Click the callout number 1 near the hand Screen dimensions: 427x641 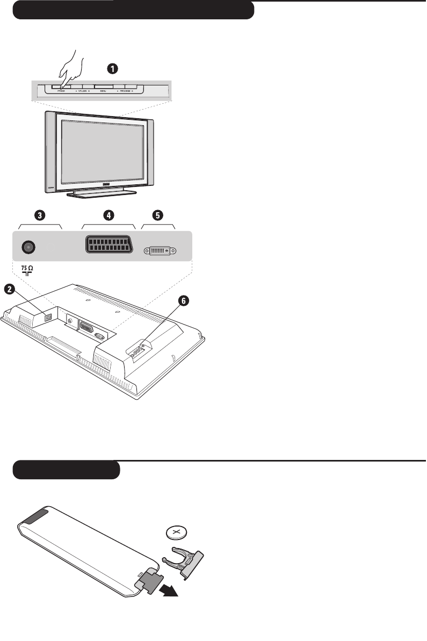point(112,68)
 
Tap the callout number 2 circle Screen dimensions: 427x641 point(9,290)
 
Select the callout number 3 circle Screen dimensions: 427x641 point(40,215)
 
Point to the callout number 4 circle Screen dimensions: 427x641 point(109,215)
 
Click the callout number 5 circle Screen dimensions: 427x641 point(157,215)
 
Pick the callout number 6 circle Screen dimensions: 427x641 point(184,301)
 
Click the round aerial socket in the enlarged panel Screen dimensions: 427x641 point(28,247)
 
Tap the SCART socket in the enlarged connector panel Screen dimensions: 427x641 point(109,246)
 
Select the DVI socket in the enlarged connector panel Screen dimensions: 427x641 point(160,251)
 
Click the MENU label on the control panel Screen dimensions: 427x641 point(103,92)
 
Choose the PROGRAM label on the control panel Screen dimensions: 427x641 point(125,92)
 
